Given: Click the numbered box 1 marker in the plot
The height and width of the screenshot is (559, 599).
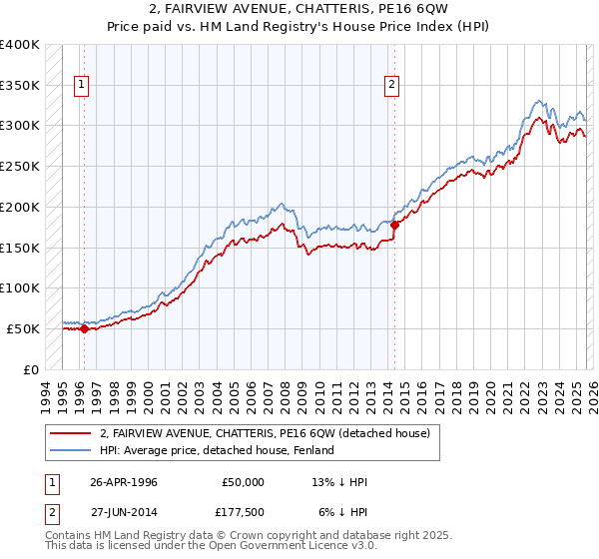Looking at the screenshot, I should click(x=81, y=86).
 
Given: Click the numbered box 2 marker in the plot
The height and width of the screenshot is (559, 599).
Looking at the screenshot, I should click(x=392, y=86).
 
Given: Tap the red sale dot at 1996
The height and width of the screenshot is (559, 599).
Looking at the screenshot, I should click(x=84, y=328).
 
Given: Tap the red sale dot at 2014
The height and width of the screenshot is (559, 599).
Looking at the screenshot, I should click(x=394, y=225).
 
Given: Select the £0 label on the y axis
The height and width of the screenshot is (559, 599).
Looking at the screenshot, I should click(x=31, y=369).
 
